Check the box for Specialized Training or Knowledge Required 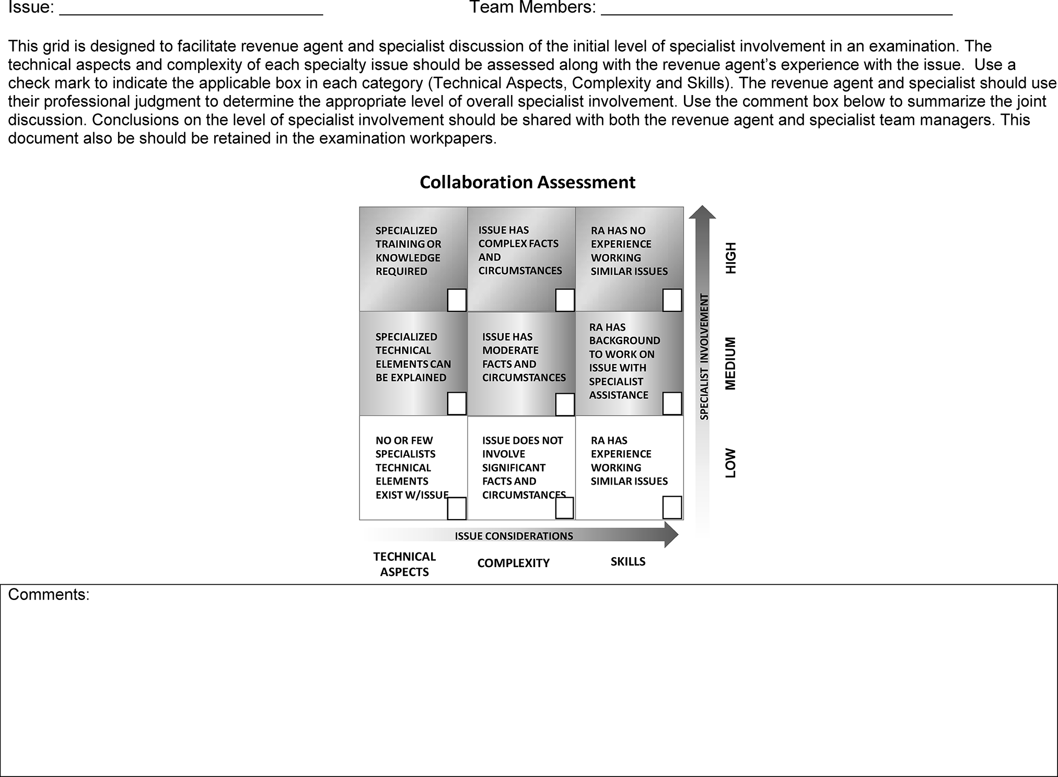click(x=457, y=300)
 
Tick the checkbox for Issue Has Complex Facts click(x=565, y=300)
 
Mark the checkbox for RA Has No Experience click(x=672, y=300)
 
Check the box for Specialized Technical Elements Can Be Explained click(x=457, y=404)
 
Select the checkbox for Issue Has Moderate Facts click(x=565, y=404)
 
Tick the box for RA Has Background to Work click(x=672, y=404)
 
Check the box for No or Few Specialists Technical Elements click(x=457, y=508)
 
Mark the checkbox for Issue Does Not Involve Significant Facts click(x=564, y=508)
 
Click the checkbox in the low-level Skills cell click(x=672, y=507)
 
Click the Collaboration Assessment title click(x=527, y=182)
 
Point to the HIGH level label click(x=730, y=258)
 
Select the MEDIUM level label click(x=730, y=363)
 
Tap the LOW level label click(x=730, y=463)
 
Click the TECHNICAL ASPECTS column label click(x=404, y=564)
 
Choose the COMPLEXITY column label click(x=513, y=563)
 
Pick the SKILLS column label click(x=628, y=561)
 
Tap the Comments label click(x=49, y=595)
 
